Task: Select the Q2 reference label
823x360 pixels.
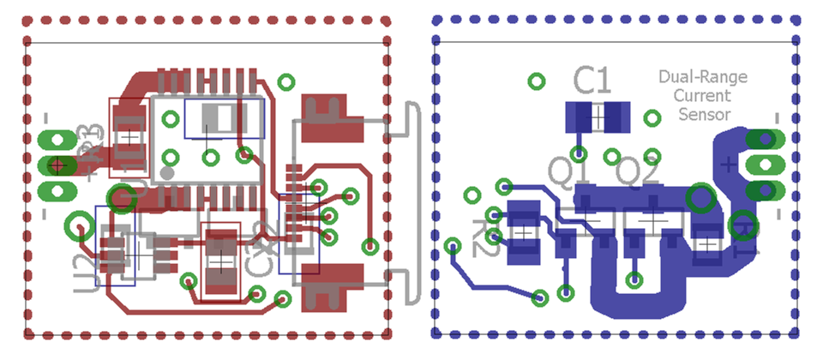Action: [x=639, y=174]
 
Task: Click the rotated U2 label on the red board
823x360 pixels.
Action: [x=83, y=269]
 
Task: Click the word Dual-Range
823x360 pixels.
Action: [x=702, y=77]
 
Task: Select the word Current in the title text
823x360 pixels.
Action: [x=702, y=95]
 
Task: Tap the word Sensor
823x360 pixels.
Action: [x=704, y=114]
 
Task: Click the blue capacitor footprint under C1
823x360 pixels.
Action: [x=598, y=117]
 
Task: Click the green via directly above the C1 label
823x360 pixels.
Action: [x=537, y=81]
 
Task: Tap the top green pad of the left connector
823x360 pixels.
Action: [x=57, y=139]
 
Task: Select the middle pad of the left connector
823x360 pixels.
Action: [x=57, y=164]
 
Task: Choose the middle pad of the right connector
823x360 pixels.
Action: [x=764, y=164]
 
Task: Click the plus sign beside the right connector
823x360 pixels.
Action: [x=728, y=163]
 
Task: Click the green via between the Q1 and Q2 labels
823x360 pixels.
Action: [x=612, y=157]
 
